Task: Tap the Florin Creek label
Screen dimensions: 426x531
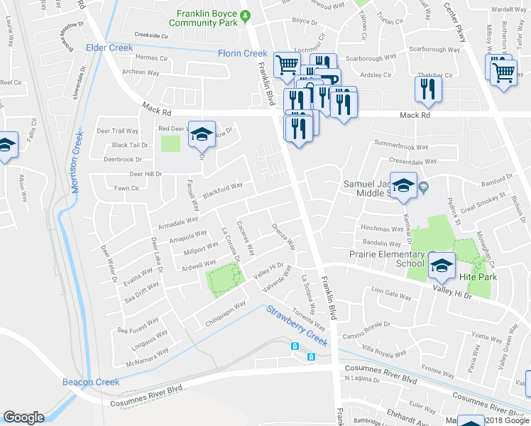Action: pos(243,53)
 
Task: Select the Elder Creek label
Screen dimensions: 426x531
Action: pos(109,48)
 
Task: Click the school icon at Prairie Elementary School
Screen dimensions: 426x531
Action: pos(442,264)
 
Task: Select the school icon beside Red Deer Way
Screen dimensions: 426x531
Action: pos(202,133)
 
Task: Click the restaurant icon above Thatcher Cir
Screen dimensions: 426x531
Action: pos(428,87)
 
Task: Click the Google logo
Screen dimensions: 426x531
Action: pos(23,417)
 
